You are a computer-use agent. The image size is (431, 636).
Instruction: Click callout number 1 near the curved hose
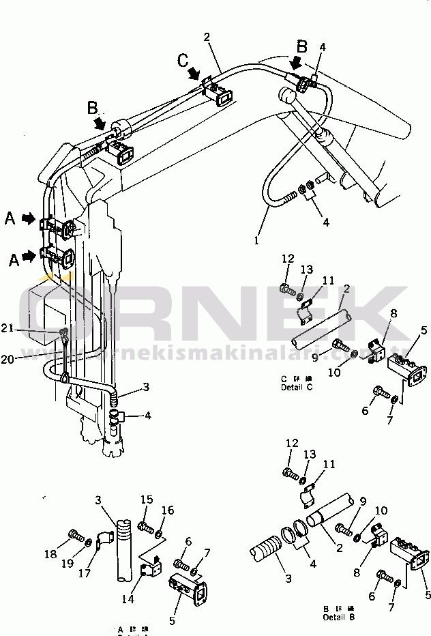[257, 240]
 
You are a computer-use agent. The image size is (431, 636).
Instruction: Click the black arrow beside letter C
[196, 73]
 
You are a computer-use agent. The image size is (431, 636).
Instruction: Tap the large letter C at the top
[183, 61]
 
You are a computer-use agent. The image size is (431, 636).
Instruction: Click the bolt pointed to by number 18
[74, 535]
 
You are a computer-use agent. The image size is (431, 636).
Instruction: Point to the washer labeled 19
[89, 543]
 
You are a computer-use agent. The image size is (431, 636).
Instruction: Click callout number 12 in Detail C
[288, 259]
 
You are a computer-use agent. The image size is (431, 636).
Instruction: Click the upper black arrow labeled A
[29, 218]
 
